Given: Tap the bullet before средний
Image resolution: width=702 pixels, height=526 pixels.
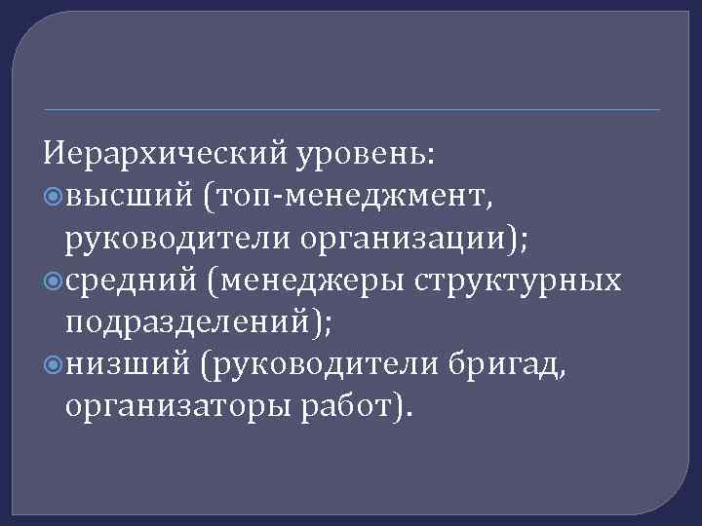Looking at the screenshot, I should [x=54, y=282].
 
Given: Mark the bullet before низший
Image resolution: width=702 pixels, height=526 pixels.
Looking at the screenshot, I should [x=54, y=363].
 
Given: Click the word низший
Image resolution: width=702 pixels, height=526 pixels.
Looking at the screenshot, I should [x=127, y=363].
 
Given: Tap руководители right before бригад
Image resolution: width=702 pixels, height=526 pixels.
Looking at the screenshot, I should [x=321, y=364].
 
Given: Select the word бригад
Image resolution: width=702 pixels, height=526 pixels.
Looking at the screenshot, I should [x=506, y=364].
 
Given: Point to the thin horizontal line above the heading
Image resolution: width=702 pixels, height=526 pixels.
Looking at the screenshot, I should [x=351, y=109].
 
